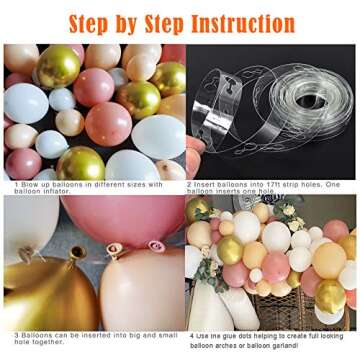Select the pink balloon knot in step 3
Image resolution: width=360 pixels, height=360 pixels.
click(155, 245)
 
